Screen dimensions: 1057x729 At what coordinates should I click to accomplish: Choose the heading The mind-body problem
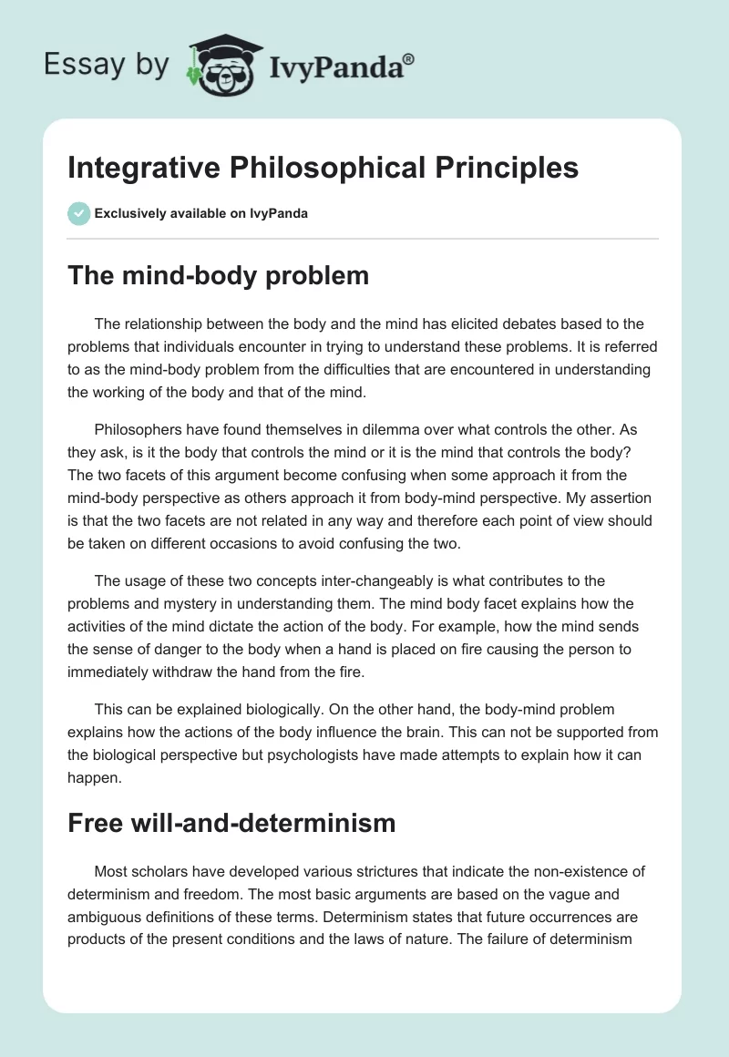click(218, 275)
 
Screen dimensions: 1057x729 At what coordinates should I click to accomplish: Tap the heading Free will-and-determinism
click(231, 823)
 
